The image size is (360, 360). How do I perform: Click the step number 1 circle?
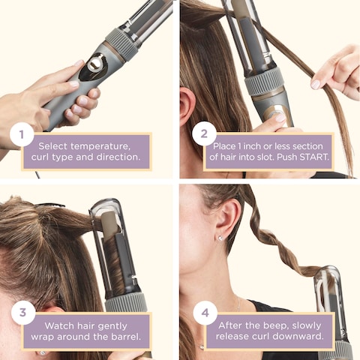click(x=22, y=136)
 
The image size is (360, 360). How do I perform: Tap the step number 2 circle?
click(x=204, y=135)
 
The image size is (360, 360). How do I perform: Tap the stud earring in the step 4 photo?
click(x=219, y=238)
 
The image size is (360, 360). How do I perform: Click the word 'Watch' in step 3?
click(x=62, y=325)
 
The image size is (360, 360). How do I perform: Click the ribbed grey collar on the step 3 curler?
click(x=125, y=302)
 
